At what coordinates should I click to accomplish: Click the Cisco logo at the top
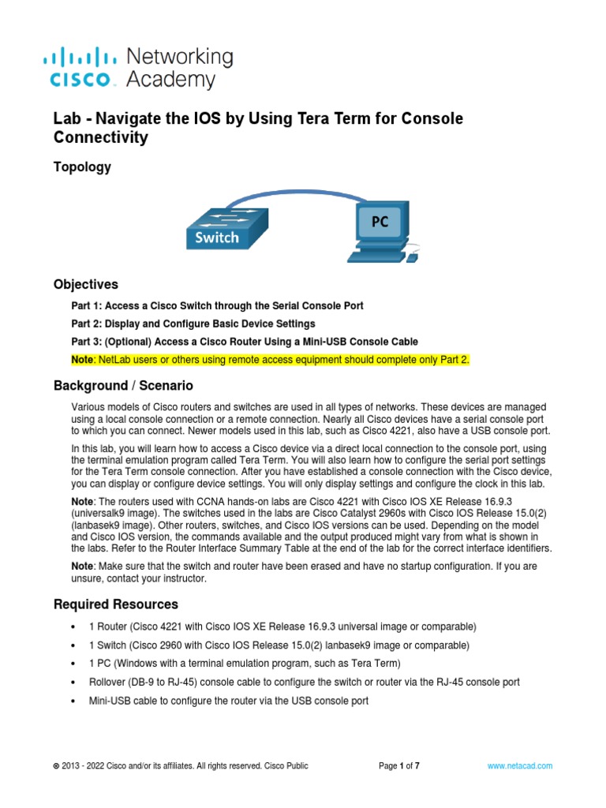click(x=83, y=68)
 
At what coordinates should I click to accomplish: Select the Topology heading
click(x=82, y=167)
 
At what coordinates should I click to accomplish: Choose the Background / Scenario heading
click(x=122, y=386)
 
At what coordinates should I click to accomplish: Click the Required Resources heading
click(x=115, y=604)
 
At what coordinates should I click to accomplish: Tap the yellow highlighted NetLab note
click(x=271, y=360)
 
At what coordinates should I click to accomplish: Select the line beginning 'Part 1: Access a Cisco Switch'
click(x=217, y=305)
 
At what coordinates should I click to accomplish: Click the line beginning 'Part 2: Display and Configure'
click(x=193, y=324)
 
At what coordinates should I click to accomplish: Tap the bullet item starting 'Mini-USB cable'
click(x=229, y=701)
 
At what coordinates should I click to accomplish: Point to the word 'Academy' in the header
click(x=170, y=80)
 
